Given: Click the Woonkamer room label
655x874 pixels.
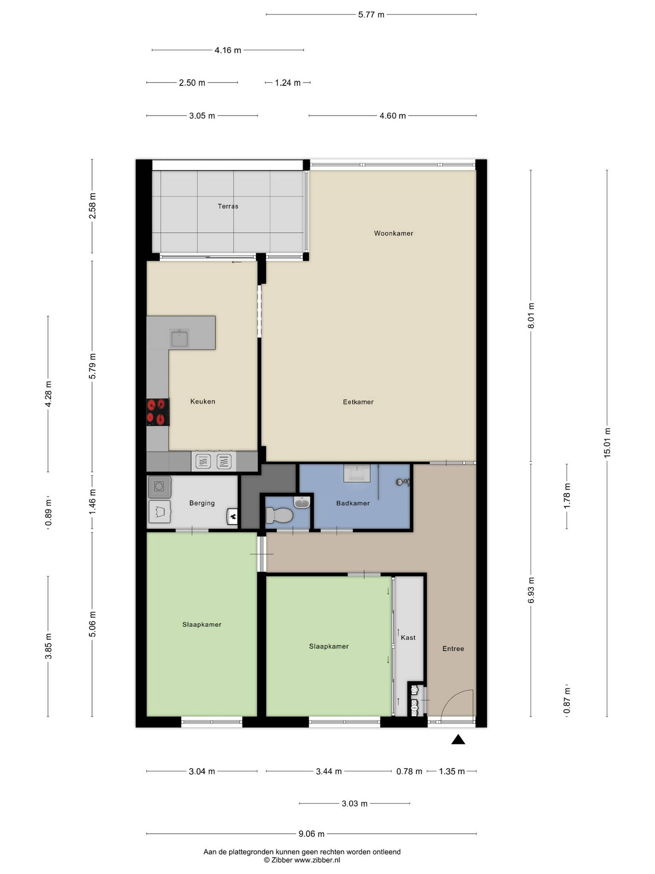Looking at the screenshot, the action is [393, 233].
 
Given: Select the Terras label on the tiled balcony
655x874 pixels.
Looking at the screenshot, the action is [228, 206].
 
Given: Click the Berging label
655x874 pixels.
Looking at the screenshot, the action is [202, 503].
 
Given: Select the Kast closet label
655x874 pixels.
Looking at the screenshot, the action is [408, 637].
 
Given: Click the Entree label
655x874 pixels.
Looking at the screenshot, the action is [453, 648].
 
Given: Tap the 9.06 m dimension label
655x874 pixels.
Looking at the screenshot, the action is [311, 834].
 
